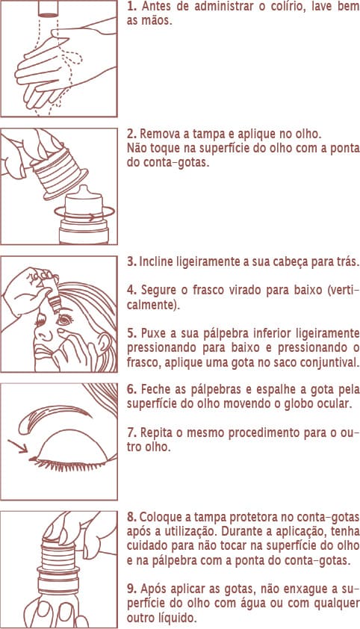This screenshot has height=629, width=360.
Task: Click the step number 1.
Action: click(131, 7)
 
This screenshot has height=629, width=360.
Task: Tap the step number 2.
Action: click(131, 134)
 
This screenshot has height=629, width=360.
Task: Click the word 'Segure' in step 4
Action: click(158, 291)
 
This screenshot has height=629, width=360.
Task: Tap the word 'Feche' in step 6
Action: click(157, 391)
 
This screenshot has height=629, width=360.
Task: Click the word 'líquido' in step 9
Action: click(174, 619)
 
